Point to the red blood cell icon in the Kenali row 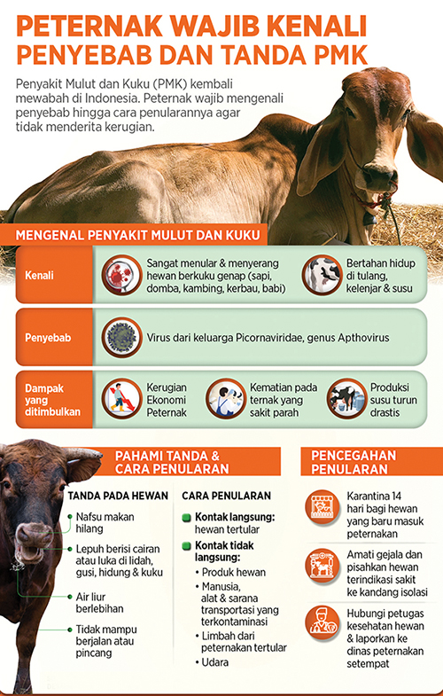120,276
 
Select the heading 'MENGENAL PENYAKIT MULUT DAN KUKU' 137,235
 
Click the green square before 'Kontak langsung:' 187,516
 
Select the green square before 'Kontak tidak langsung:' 187,544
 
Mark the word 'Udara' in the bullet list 214,661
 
